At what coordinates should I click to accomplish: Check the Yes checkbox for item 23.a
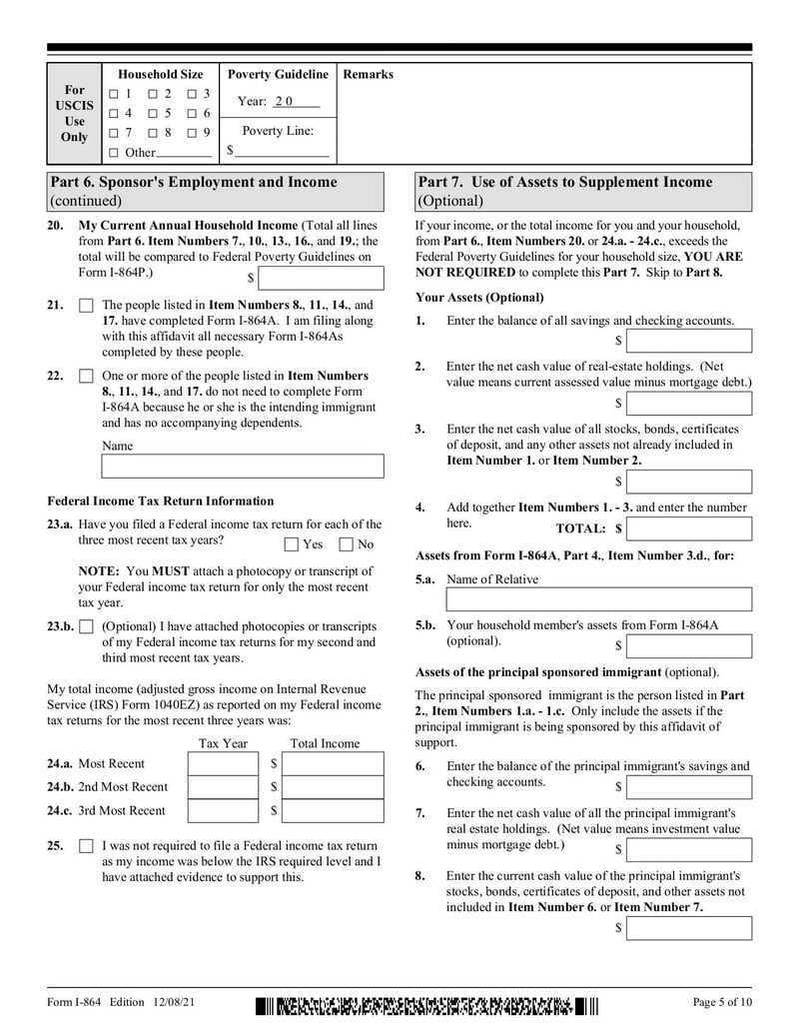coord(291,544)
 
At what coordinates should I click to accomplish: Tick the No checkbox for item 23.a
coord(347,544)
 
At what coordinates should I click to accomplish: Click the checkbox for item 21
coord(86,306)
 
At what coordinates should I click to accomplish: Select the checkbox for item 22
coord(86,377)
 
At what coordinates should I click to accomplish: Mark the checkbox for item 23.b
coord(86,627)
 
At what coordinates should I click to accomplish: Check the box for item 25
coord(86,846)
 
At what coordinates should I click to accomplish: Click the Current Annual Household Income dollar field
coord(321,278)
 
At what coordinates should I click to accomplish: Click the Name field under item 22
coord(243,467)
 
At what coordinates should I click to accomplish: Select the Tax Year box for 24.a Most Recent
coord(222,763)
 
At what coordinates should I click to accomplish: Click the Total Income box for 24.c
coord(334,811)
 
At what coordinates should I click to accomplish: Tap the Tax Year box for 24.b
coord(222,787)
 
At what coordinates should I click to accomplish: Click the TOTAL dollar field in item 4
coord(689,528)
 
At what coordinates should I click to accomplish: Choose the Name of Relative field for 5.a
coord(598,599)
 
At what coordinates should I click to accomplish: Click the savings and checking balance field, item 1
coord(689,342)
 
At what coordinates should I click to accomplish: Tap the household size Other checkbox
coord(114,153)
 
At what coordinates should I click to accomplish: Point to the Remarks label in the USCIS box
coord(368,75)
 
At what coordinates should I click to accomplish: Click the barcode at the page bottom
coord(426,1003)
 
